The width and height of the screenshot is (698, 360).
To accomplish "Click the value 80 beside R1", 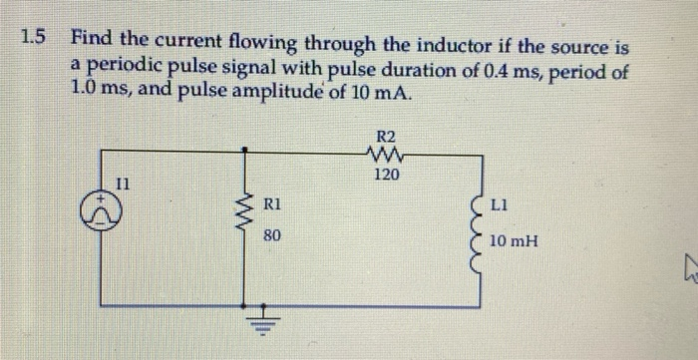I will point(272,236).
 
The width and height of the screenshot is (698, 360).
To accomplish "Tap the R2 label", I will point(386,137).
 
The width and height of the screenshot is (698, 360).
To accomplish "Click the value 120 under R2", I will point(386,176).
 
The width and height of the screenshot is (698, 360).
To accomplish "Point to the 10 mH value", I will point(516,239).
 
